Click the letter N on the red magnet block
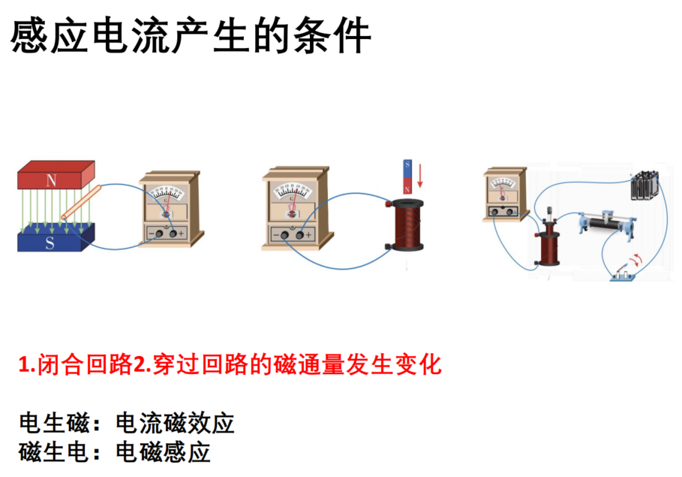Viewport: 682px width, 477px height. pos(51,180)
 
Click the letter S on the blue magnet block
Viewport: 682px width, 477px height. pos(50,243)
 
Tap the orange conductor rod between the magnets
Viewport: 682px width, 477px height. pos(81,202)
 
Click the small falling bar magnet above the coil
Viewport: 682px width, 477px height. pos(407,177)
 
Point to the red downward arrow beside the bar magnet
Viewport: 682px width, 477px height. pos(420,176)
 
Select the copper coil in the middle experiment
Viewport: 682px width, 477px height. pos(407,225)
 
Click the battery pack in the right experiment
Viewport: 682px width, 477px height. pos(644,185)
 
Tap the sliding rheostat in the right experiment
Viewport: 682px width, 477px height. pos(606,223)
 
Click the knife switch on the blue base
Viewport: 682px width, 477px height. pos(623,274)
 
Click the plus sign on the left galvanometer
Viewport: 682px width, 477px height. pos(182,234)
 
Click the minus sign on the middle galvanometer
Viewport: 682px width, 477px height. pos(275,235)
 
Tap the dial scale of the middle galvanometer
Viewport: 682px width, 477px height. pos(292,192)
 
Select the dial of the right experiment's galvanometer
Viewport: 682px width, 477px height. pos(503,183)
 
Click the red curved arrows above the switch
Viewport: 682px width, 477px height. pos(637,260)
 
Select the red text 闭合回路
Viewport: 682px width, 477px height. pos(85,364)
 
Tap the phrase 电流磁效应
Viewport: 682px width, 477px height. pos(175,423)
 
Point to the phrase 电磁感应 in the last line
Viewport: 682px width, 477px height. pos(163,452)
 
